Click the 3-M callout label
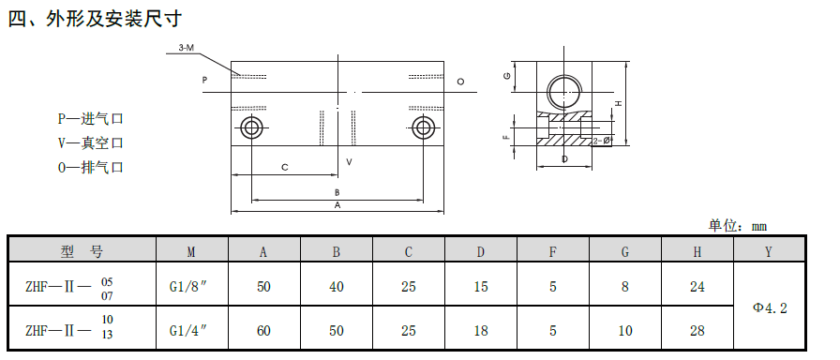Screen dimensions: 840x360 [186, 48]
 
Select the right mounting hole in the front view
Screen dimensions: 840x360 [423, 128]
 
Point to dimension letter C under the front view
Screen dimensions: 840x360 [285, 168]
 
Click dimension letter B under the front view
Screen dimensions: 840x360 [337, 192]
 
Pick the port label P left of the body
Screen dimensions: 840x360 [204, 81]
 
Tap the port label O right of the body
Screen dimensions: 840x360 [460, 82]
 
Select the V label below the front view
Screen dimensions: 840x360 [349, 161]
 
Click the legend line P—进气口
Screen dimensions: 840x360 [91, 118]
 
